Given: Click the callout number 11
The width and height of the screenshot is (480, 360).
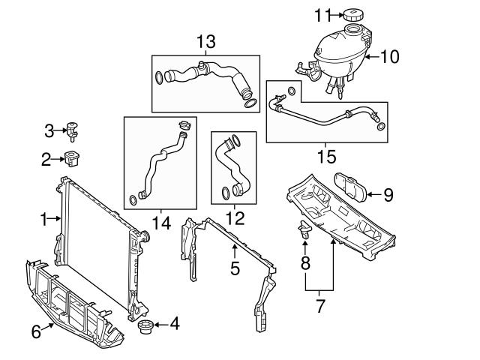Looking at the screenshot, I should [322, 14].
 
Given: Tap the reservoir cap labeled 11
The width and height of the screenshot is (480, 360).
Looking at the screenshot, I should [352, 14].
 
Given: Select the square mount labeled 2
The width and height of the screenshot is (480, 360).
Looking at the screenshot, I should [73, 158].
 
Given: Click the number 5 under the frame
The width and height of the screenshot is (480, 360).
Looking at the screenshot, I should [235, 268].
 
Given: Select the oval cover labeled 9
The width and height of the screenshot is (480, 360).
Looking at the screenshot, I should [349, 185].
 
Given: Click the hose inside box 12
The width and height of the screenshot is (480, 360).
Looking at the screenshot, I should [232, 169].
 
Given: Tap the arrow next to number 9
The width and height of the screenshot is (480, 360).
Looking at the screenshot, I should [372, 195].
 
